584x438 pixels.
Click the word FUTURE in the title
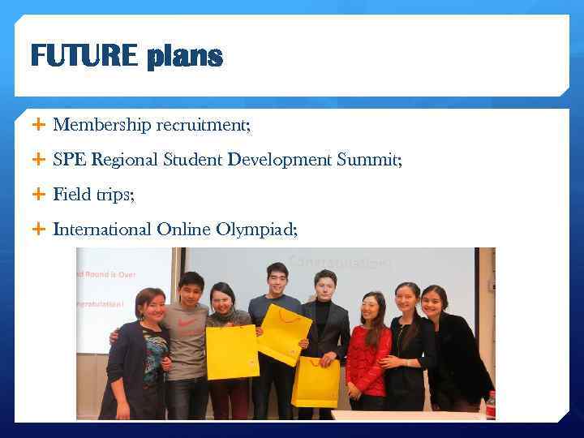pos(84,56)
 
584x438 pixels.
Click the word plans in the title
pos(185,56)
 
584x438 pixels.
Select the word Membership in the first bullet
pos(102,125)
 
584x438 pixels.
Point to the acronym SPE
pos(70,160)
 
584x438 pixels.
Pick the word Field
pos(71,195)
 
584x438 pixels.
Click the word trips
pos(114,195)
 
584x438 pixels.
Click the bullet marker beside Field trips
pos(37,195)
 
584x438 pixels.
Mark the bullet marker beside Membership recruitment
pos(37,125)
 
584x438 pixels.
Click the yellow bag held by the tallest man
pos(285,334)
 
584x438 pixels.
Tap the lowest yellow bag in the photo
pos(316,381)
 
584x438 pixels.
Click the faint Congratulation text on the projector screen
pos(341,263)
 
